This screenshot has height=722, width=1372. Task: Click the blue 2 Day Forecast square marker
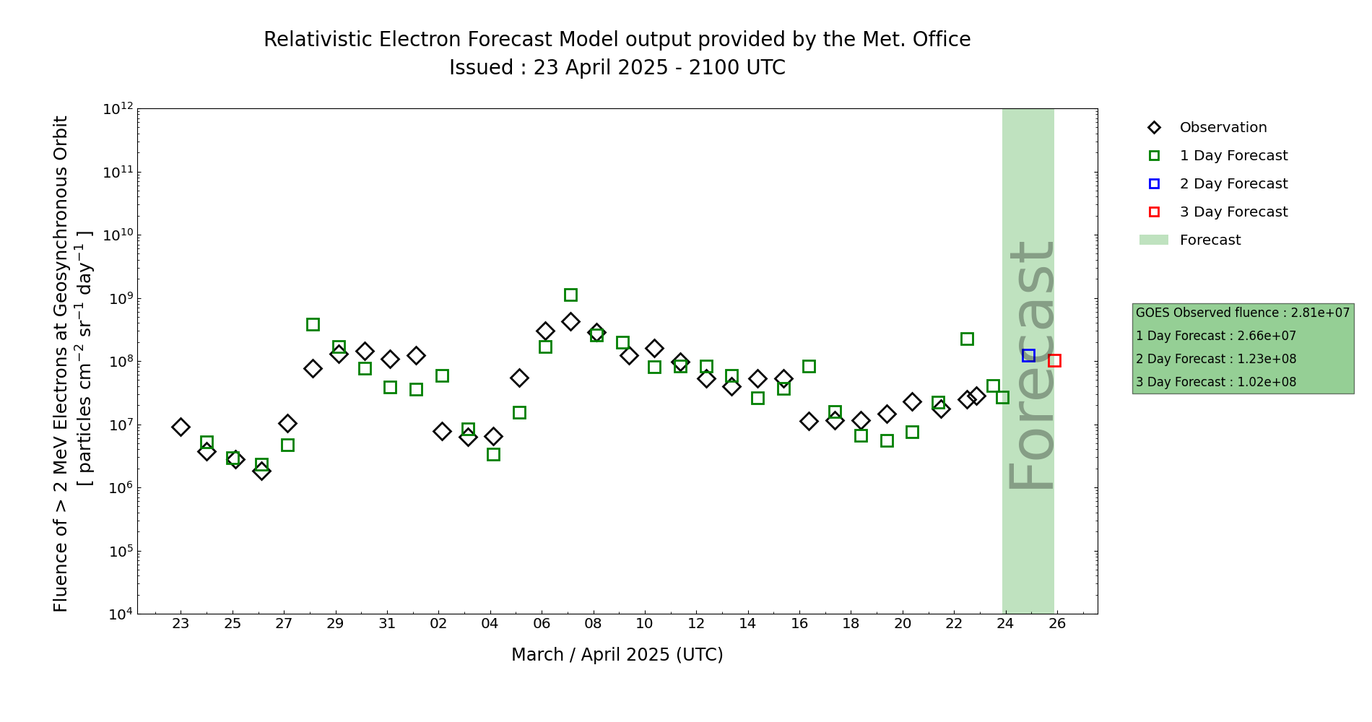coord(1028,355)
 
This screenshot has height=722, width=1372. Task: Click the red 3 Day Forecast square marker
coord(1054,360)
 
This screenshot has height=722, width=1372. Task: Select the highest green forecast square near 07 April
coord(570,295)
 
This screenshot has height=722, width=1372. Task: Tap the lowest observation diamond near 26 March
coord(261,471)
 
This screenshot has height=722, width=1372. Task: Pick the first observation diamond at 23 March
coord(181,427)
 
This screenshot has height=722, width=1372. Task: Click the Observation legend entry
coord(1223,128)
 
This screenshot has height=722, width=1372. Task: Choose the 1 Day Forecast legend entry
coord(1233,156)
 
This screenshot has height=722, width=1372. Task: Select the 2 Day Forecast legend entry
coord(1233,184)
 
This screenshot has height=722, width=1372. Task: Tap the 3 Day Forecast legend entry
coord(1233,212)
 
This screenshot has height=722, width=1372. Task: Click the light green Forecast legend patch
coord(1153,240)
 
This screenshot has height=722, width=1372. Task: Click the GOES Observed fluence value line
coord(1242,313)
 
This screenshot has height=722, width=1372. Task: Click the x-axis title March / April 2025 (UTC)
coord(617,655)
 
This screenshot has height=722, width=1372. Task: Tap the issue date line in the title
coord(617,68)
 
